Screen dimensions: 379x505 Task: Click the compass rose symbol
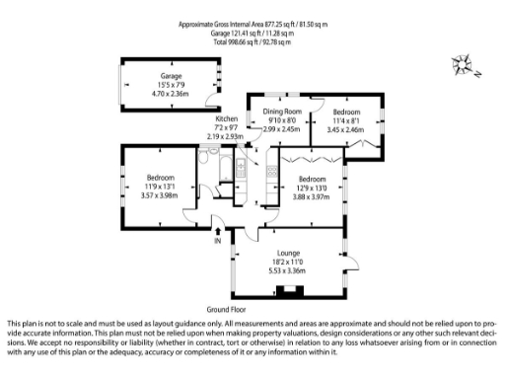pos(461,67)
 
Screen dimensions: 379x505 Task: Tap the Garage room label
pos(173,76)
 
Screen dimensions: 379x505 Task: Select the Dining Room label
pos(282,112)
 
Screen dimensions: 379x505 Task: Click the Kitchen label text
pos(228,118)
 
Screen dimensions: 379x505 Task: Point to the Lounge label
pos(289,253)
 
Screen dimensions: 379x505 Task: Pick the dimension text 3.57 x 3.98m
pos(159,194)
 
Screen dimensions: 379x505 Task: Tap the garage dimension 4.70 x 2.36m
pos(173,94)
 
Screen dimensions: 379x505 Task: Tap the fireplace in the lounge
pos(289,291)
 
